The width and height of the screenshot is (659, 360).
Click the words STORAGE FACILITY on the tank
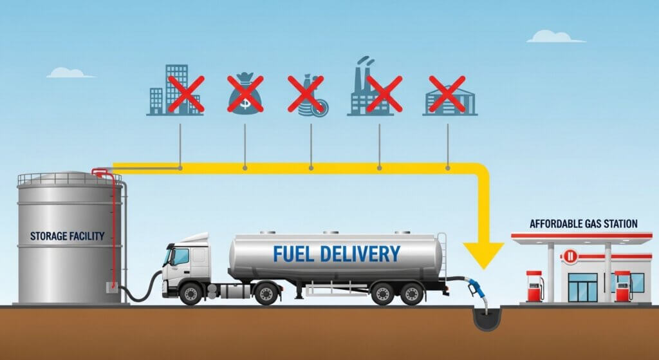click(67, 236)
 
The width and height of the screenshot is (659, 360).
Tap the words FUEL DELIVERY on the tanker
click(336, 253)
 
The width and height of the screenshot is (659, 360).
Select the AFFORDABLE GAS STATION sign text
click(583, 224)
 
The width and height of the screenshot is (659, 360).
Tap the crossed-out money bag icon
click(245, 93)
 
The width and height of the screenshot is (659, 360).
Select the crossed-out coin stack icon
click(308, 95)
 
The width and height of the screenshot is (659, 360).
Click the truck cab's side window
click(180, 257)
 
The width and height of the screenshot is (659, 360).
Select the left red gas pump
click(534, 286)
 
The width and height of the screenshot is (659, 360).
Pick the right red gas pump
click(622, 286)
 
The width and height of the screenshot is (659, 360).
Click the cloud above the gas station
click(554, 37)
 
